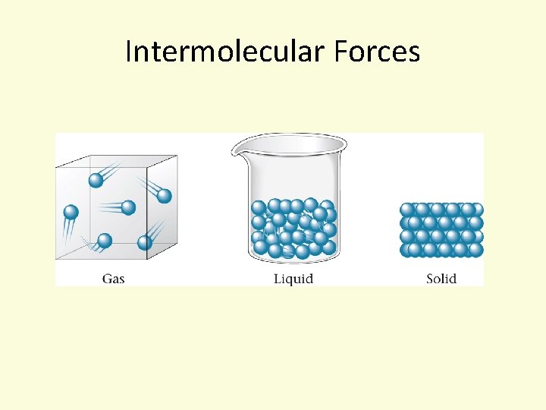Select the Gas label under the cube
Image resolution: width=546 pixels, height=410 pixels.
(113, 279)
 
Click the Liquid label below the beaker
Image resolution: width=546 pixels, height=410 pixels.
(293, 279)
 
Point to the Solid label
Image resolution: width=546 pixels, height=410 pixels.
(441, 279)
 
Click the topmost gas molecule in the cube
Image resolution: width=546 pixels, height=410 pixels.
(96, 180)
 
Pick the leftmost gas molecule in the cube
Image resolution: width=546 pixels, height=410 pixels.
(71, 212)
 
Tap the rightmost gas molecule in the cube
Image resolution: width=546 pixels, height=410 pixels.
(165, 196)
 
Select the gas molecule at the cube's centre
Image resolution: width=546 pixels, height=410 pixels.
(128, 207)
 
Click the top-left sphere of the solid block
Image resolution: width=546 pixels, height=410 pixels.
(407, 210)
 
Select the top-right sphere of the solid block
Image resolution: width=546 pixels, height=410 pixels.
(475, 210)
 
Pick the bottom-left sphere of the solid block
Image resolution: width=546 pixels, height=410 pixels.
(408, 249)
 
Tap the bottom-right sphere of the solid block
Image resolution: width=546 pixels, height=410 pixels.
(476, 249)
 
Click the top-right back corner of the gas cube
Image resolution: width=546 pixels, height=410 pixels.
(177, 156)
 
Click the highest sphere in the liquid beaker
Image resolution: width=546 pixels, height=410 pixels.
(310, 203)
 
